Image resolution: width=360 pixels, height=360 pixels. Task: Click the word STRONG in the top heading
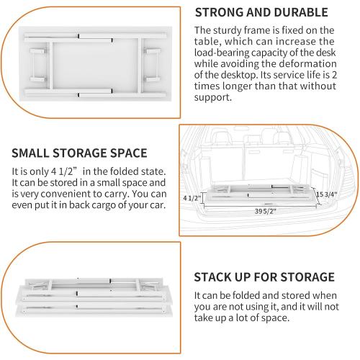click(222, 12)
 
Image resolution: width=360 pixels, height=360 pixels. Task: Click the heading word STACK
click(215, 277)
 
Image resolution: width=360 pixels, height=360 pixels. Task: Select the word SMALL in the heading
click(32, 153)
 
